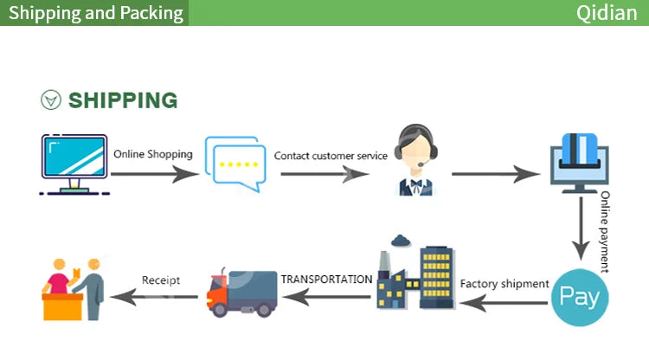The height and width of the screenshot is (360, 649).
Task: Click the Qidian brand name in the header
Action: [x=607, y=13]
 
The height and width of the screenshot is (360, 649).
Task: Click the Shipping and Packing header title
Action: [x=96, y=13]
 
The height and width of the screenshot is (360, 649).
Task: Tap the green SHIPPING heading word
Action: [x=123, y=100]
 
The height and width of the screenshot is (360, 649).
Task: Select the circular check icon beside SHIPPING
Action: [x=51, y=100]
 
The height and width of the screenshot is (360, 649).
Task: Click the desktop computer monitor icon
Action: [x=74, y=164]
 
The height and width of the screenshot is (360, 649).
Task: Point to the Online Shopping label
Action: [x=153, y=154]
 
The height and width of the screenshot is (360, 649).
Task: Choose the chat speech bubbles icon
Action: [x=235, y=164]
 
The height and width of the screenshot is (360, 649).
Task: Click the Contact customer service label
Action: [x=331, y=156]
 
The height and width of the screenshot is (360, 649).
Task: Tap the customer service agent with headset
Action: [x=415, y=160]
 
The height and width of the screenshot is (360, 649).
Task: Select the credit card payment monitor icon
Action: [x=580, y=163]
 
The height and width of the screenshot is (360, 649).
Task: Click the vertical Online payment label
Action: [x=605, y=232]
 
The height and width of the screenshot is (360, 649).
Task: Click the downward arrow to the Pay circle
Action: [x=582, y=228]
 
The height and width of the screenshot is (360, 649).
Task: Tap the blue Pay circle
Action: [x=580, y=297]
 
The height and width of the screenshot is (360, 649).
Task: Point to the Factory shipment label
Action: [x=504, y=284]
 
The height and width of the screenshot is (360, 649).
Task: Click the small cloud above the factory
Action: [x=401, y=241]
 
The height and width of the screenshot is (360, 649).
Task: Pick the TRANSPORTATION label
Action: [x=326, y=280]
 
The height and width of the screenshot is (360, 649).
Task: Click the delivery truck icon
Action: [x=241, y=293]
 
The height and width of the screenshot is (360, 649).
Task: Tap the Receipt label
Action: [x=161, y=280]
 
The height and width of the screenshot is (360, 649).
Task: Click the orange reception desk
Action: [x=62, y=306]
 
